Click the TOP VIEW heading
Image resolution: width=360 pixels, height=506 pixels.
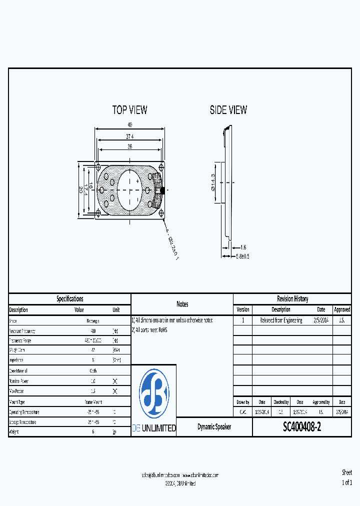(129, 110)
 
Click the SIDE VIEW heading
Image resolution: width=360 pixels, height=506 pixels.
(228, 110)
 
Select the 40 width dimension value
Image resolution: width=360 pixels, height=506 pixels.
(130, 125)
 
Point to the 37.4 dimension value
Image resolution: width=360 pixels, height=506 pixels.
(130, 136)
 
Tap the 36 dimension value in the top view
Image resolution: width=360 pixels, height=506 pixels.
(130, 146)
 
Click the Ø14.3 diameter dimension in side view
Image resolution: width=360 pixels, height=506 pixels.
(213, 182)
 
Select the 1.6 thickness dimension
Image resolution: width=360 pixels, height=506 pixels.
(243, 247)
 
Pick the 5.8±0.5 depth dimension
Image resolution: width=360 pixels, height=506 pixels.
(243, 256)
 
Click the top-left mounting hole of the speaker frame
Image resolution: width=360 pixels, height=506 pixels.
(98, 165)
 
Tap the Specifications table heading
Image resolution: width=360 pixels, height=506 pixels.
(70, 298)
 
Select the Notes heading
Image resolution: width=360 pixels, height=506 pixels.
(182, 304)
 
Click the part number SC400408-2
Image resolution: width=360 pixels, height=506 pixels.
(302, 427)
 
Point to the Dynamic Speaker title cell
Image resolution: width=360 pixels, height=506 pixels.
(214, 427)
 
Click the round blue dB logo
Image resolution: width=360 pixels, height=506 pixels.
(153, 393)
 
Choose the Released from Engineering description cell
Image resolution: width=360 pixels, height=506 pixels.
(281, 320)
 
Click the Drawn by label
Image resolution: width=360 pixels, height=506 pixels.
(242, 401)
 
